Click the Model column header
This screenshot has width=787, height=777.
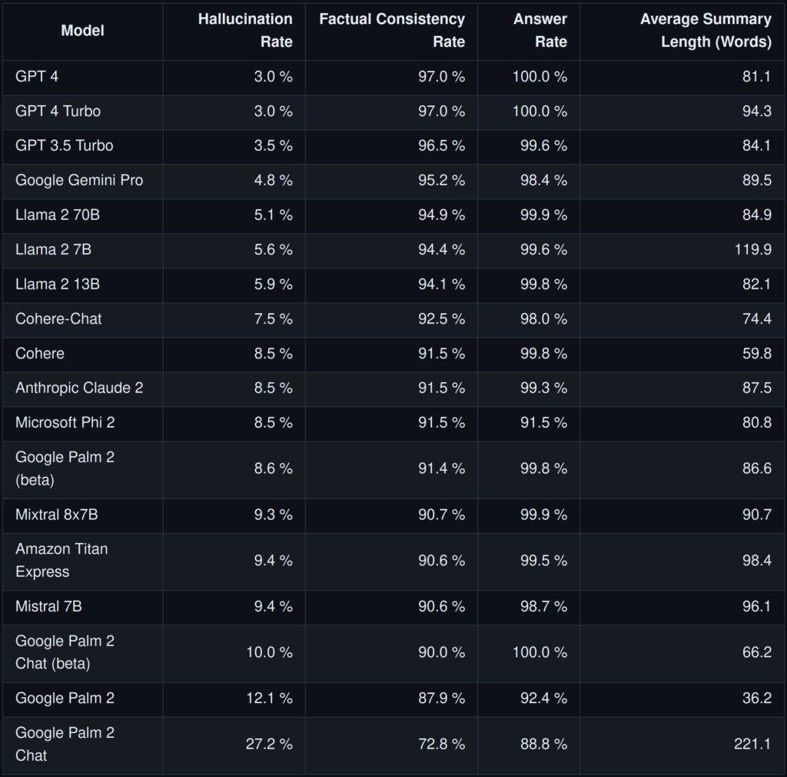pos(82,31)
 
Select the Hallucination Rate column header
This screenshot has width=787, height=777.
pos(245,30)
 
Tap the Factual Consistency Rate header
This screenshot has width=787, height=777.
pos(392,30)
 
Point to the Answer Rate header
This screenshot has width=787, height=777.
pos(540,30)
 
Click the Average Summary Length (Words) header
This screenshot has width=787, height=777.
pos(706,30)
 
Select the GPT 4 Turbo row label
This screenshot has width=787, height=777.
pos(58,111)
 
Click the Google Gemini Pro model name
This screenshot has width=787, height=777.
pos(79,180)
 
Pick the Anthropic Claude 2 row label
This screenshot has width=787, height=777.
pos(79,388)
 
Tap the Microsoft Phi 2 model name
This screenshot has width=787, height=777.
pos(65,422)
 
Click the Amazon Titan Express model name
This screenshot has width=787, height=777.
pos(61,560)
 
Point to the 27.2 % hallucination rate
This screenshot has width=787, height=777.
pos(268,744)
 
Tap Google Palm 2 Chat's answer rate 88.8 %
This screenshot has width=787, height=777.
pos(543,744)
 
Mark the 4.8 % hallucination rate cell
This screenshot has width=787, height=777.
pos(274,180)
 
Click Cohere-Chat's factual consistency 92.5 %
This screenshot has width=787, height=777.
pos(441,318)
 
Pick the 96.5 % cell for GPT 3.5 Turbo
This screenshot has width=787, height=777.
pos(441,145)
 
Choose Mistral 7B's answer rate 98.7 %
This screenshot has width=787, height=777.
pos(543,606)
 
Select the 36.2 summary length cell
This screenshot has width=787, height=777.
pos(756,698)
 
